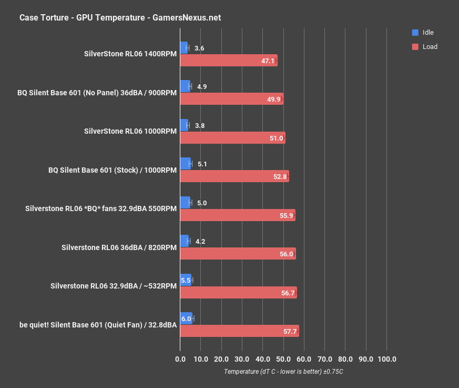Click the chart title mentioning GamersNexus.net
120,17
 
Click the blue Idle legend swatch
415,33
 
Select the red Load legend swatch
415,46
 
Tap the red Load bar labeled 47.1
228,61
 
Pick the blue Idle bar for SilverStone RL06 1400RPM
184,48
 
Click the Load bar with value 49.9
231,99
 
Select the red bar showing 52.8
234,176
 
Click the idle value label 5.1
201,164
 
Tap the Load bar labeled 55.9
238,215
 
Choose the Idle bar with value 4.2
185,241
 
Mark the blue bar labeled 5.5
186,280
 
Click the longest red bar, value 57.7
239,331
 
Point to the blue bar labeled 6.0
186,319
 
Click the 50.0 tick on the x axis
283,359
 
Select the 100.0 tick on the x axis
386,359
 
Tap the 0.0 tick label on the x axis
180,359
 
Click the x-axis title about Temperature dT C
283,371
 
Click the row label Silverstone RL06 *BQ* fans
101,208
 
